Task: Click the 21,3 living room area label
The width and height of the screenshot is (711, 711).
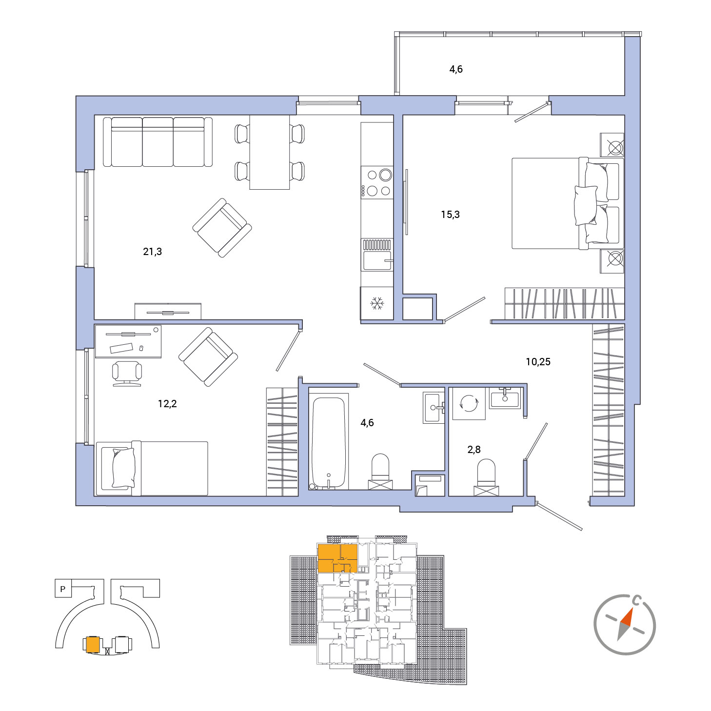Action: pyautogui.click(x=152, y=252)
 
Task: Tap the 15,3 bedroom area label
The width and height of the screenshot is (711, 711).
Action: pyautogui.click(x=450, y=215)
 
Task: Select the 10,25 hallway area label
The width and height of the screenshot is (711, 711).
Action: pyautogui.click(x=538, y=361)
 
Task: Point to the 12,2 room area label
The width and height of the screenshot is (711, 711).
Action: pyautogui.click(x=167, y=404)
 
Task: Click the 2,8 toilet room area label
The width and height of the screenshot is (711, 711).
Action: pyautogui.click(x=474, y=450)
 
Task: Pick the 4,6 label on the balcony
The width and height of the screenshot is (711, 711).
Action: pyautogui.click(x=456, y=69)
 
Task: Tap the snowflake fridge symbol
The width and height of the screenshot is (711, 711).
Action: pyautogui.click(x=377, y=303)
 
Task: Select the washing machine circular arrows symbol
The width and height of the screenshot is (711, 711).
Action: pyautogui.click(x=469, y=403)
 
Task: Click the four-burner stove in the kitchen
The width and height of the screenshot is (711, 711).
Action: pyautogui.click(x=377, y=182)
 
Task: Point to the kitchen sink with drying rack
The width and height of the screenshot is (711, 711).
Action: pyautogui.click(x=377, y=255)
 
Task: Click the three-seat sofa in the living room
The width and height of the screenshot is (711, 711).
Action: pyautogui.click(x=158, y=142)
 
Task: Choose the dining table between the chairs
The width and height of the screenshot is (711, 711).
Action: pyautogui.click(x=269, y=152)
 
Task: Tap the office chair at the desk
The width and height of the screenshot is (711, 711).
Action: pyautogui.click(x=127, y=374)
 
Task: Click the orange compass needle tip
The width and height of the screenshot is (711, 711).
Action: pyautogui.click(x=632, y=608)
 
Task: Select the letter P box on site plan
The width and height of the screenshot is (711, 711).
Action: pyautogui.click(x=63, y=589)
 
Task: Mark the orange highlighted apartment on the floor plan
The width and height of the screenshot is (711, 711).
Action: pyautogui.click(x=337, y=558)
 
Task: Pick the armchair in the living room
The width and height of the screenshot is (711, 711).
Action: pyautogui.click(x=222, y=228)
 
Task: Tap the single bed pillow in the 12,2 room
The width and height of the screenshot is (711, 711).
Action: pyautogui.click(x=123, y=468)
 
